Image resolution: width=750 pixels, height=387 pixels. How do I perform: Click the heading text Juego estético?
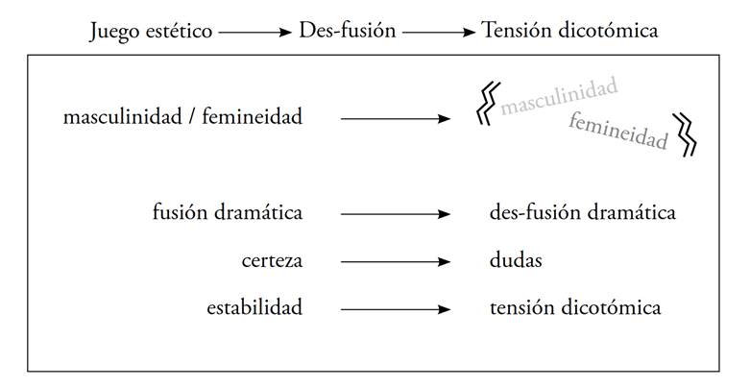coord(151,31)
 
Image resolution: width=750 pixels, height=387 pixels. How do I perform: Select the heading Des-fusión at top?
coord(347,31)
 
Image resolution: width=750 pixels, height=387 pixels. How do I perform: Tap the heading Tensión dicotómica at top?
coord(569,31)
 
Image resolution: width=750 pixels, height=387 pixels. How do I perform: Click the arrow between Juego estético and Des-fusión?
coord(254,32)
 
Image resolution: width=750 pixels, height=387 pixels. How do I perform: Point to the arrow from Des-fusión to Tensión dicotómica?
coord(439,32)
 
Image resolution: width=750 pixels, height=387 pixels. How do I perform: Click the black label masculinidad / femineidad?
coord(182,118)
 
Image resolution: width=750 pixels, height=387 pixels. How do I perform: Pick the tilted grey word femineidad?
coord(617,133)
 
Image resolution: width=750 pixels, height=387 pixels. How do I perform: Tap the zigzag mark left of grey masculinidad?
coord(488,102)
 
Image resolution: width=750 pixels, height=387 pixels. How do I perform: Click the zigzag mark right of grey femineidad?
coord(686,134)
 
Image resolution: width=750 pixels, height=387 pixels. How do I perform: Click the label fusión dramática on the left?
coord(228,212)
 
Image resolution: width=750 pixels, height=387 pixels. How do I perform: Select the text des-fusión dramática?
coord(582,212)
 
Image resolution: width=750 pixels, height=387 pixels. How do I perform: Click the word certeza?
coord(272,260)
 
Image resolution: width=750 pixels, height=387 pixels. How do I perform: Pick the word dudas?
coord(516,260)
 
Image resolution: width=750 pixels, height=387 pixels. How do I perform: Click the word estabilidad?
coord(254,308)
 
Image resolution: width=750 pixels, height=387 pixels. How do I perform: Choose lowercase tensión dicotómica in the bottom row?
coord(574,308)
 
